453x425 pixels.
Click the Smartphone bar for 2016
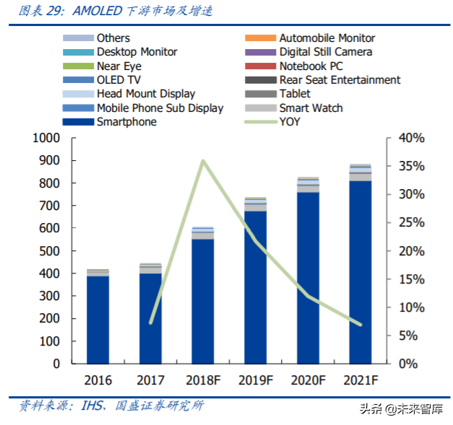click(x=98, y=320)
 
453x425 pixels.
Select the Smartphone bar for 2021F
click(x=361, y=272)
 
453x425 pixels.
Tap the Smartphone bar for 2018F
click(x=203, y=301)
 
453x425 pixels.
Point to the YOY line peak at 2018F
click(x=203, y=160)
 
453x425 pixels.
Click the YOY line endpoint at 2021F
click(x=361, y=324)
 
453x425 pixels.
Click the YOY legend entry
click(x=289, y=122)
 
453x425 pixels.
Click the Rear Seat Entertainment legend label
click(x=340, y=80)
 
